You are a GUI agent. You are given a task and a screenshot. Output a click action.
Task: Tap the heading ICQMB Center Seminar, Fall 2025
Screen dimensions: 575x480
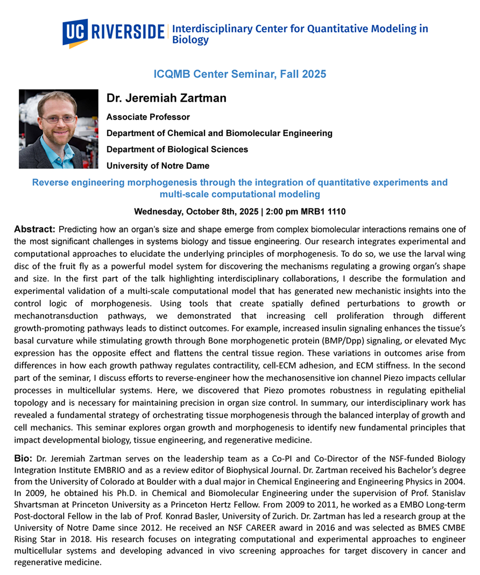coord(240,74)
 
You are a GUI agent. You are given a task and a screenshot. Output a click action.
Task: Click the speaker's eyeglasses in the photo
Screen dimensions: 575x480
coord(58,118)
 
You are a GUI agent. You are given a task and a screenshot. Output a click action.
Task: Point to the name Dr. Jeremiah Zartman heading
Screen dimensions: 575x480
coord(166,99)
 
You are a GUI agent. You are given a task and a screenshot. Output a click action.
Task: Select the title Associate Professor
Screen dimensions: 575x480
coord(148,117)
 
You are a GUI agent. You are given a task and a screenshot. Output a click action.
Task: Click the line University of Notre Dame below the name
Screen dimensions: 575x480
coord(158,165)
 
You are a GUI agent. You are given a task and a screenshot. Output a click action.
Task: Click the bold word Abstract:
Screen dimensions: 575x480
coord(33,229)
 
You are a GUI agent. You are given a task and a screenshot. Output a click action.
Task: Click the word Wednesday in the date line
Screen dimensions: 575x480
coord(158,211)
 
